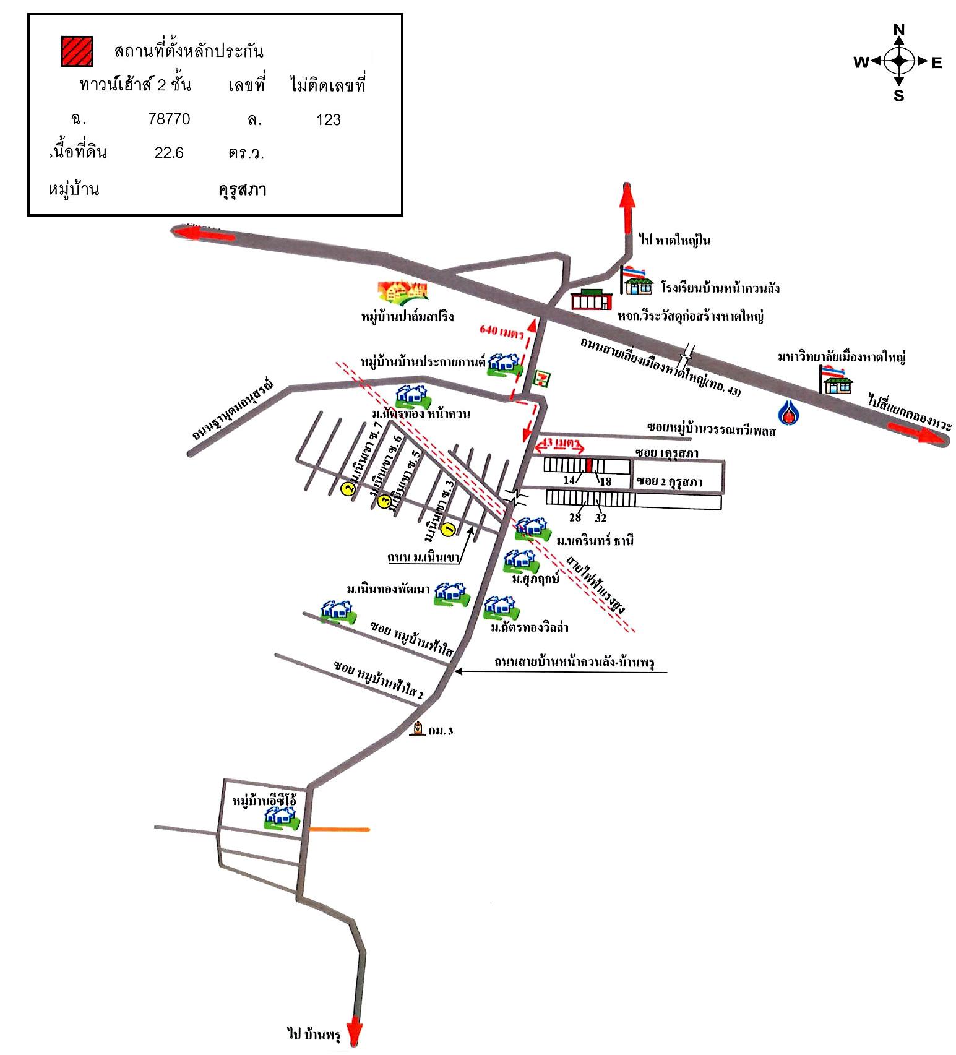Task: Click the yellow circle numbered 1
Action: [x=450, y=528]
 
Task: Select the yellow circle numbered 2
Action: [x=348, y=489]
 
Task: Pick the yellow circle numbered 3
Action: [x=384, y=500]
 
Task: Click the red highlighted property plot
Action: [x=589, y=465]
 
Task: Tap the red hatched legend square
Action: [x=77, y=51]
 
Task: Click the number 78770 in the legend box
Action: [x=169, y=119]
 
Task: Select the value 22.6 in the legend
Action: [x=169, y=153]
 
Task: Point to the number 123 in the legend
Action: [x=328, y=119]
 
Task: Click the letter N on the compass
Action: [x=899, y=29]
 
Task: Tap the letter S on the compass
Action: [x=898, y=96]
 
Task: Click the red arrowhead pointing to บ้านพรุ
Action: [x=355, y=1032]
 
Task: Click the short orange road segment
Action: [x=339, y=829]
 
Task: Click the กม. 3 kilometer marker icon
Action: [x=419, y=729]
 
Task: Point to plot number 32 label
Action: [x=600, y=518]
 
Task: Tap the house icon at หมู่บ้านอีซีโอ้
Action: [x=282, y=818]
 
